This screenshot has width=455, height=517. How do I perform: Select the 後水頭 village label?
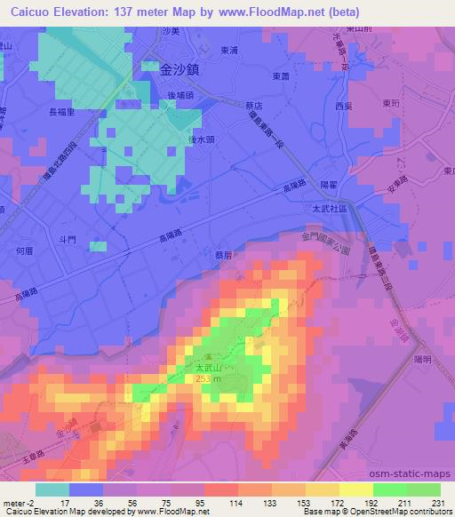coord(178,139)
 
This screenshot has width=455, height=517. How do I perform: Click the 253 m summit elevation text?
coord(208,379)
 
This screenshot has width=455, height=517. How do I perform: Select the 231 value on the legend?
coord(440,503)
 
